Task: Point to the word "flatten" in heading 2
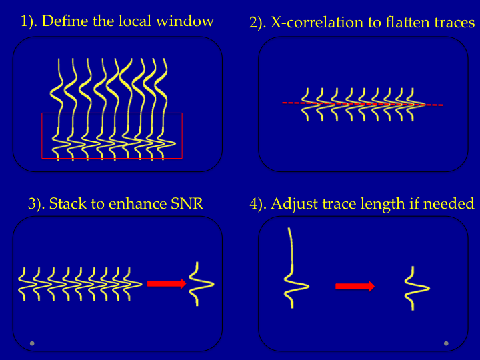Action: pyautogui.click(x=397, y=23)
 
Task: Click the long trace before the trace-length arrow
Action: pyautogui.click(x=292, y=270)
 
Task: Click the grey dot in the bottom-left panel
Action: pyautogui.click(x=32, y=343)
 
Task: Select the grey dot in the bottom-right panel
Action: pyautogui.click(x=446, y=343)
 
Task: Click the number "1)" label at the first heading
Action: pyautogui.click(x=29, y=21)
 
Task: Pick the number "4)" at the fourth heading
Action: pyautogui.click(x=257, y=204)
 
